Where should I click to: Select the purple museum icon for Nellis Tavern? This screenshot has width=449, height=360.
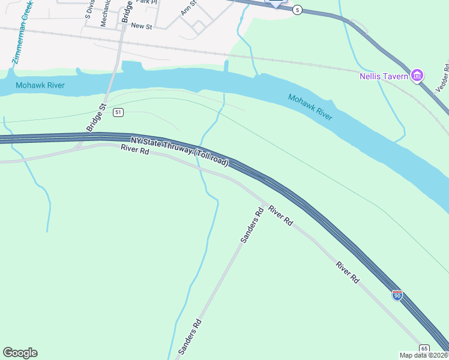pos(417,76)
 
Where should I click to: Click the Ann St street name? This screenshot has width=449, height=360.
pos(189,10)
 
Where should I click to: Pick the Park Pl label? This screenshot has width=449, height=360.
pos(146,2)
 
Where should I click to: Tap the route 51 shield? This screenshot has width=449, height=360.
pos(118,112)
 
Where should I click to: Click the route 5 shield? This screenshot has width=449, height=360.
pos(297,10)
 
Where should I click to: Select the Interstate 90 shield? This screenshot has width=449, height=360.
pos(397,295)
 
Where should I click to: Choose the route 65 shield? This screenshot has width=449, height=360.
pos(424,349)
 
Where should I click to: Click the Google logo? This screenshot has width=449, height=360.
pos(20,353)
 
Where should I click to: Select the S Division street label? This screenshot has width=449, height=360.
pos(89,10)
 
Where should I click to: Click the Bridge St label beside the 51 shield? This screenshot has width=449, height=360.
pos(95,118)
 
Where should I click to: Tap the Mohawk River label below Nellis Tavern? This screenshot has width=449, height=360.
pos(310,107)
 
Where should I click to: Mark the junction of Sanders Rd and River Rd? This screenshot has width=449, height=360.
pos(264,204)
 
